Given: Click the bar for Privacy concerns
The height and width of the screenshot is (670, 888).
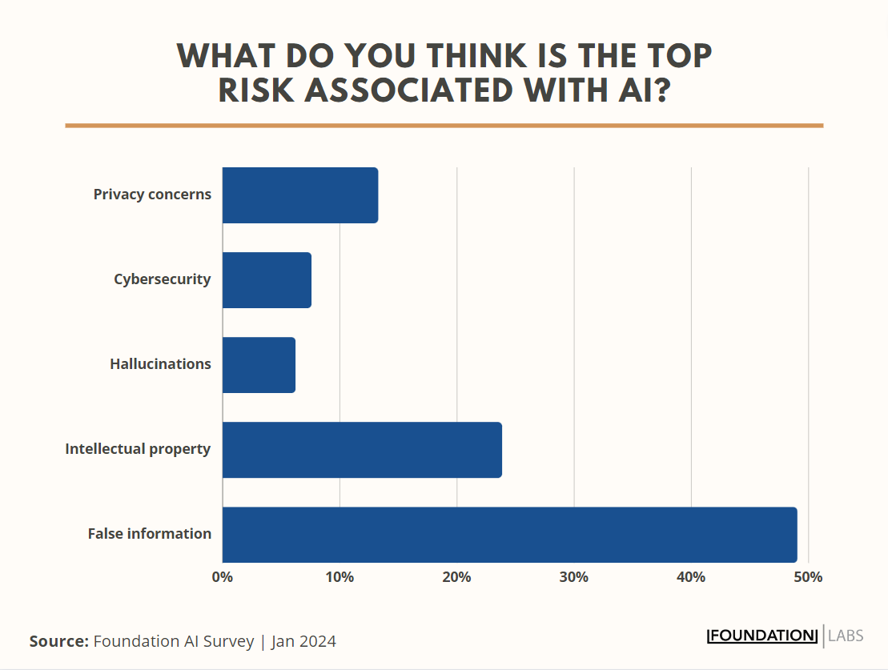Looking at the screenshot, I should pos(300,195).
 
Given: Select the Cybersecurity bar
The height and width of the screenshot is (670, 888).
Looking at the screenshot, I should pos(267,280).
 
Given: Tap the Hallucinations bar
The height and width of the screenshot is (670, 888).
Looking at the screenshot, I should pos(259,365).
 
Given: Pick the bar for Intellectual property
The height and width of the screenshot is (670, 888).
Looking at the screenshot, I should pos(362,450).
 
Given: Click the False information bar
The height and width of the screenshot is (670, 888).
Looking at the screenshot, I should pos(509,535).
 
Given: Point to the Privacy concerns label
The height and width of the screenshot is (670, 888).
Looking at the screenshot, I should pos(152,195).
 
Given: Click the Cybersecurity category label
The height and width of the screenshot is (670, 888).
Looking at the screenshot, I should pos(163,279).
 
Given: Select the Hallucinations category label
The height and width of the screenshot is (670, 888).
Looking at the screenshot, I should pos(160,364).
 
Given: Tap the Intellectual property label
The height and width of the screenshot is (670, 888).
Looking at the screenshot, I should pos(138,449).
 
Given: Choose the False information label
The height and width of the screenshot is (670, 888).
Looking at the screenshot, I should pos(150,534).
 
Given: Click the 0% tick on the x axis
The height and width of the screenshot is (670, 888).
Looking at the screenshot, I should pos(223,577).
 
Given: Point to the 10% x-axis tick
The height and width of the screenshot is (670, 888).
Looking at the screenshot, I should pos(340,577).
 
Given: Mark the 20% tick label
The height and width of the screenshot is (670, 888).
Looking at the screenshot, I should pos(456,577).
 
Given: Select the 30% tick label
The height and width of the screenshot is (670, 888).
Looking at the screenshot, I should pos(574,577).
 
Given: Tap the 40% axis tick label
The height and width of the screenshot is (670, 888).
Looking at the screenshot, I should pos(691,577).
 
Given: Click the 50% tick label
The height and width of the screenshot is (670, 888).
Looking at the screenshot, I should pos(808,577).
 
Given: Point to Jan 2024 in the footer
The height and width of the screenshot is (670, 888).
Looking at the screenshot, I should pos(303,641).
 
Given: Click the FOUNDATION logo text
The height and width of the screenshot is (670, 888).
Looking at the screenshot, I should pos(762,636).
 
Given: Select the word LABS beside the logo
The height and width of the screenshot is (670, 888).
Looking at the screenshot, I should pos(846,636).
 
